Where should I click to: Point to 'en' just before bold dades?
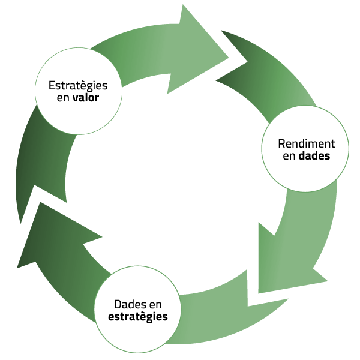tap(289, 157)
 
